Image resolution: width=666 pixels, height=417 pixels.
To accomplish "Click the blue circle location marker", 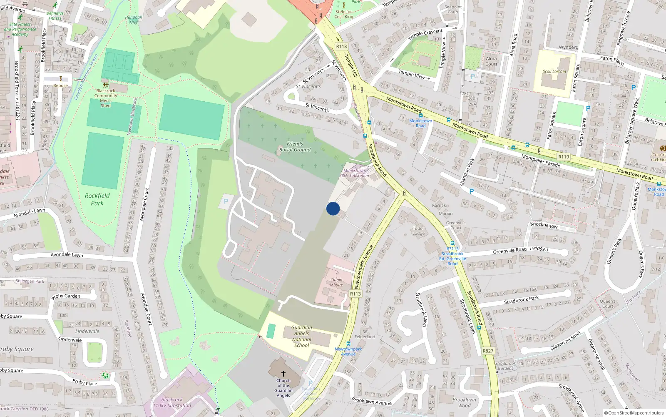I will point(333,208).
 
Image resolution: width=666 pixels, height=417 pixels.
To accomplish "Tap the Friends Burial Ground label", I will point(295,147).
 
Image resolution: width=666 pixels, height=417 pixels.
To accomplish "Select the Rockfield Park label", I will point(97,199).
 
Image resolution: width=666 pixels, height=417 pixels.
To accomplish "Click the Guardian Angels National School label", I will point(302,337).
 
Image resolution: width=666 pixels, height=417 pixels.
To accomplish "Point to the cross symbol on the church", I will point(283,373).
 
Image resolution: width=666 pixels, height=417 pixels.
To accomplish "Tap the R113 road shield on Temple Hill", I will point(341,46).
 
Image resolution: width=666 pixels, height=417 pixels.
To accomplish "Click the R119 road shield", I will point(564,157).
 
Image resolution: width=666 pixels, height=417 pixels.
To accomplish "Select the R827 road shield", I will point(488,351).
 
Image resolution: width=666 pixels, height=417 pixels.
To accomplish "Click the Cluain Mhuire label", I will point(336,282).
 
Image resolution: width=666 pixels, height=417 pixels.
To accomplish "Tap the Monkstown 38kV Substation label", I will point(354,173).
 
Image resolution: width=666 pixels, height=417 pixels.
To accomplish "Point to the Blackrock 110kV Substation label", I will point(172,402).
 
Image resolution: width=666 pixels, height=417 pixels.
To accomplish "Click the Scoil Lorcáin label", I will point(554,71).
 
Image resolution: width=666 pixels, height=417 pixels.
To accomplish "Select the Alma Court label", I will point(491,61).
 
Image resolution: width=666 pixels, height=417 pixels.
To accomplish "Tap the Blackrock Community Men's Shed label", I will point(106,98).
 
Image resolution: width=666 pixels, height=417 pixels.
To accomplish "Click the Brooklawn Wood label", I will point(464,402).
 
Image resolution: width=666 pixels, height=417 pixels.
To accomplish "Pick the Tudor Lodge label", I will point(419,231).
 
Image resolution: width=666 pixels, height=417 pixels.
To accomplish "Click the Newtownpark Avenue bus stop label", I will point(348,352).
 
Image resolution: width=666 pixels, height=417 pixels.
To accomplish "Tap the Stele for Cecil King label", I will point(344,14).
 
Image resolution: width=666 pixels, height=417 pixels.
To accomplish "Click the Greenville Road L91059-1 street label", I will point(520,250).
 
